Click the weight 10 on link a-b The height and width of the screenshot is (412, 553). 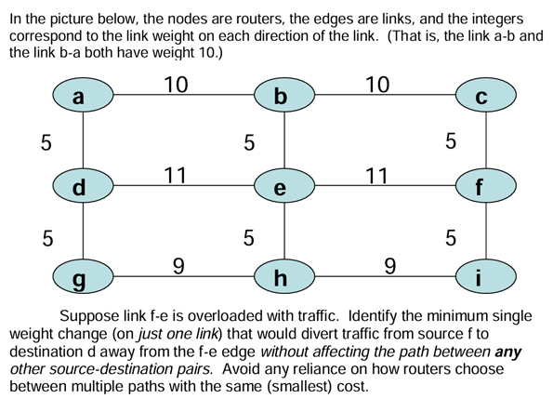[x=176, y=84]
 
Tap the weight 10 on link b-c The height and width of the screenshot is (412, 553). [x=377, y=84]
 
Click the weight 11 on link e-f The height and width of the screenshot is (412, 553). [x=376, y=175]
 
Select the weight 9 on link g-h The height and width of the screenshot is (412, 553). [x=178, y=266]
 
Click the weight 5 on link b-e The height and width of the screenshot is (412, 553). [x=248, y=142]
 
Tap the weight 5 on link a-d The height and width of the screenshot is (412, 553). [x=46, y=142]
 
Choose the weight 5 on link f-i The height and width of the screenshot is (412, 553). [x=451, y=238]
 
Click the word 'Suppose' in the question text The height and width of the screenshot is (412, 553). [x=92, y=315]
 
